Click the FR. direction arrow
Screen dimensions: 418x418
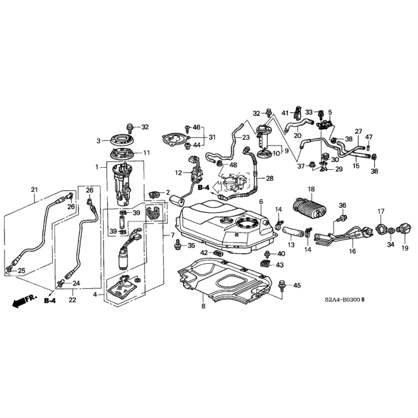tap(24, 301)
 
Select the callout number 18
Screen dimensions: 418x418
tap(312, 189)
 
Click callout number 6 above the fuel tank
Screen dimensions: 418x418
tap(261, 202)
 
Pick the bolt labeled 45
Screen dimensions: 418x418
tap(281, 285)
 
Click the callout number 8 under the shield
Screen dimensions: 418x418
tap(203, 306)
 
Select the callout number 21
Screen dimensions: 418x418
tap(35, 190)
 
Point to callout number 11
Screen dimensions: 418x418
tap(146, 153)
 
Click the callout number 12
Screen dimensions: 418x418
tap(178, 172)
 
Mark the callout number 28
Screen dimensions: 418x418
tap(270, 178)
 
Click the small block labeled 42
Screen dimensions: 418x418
tap(218, 253)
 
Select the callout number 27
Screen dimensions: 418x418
tap(359, 131)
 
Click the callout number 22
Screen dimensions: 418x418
tap(72, 300)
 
